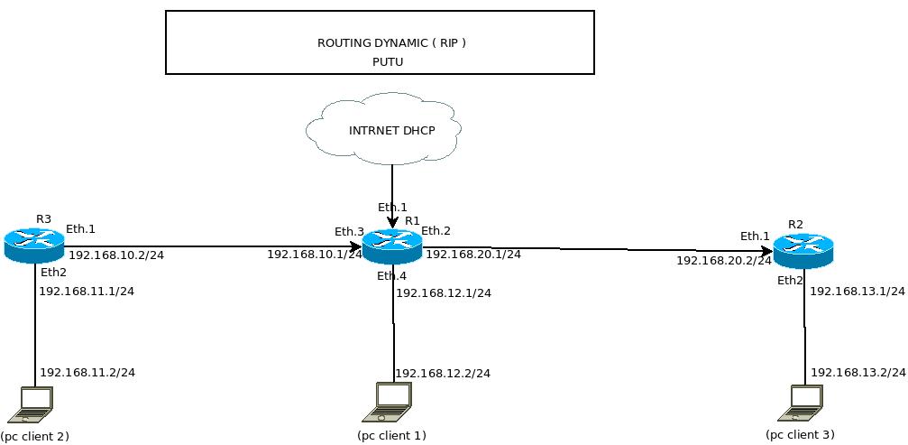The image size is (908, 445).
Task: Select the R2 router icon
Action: pos(803,250)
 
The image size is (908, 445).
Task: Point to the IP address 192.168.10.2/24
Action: pos(116,255)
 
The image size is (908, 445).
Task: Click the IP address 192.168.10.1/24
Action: pos(314,255)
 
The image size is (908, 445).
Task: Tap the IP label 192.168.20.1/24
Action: pos(473,255)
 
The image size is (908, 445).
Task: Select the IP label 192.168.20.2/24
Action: pos(724,260)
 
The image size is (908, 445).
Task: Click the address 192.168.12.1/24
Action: pos(444,292)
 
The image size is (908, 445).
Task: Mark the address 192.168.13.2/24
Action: pos(858,373)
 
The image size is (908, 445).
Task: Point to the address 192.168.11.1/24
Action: pos(87,291)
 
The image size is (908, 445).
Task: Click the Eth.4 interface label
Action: pos(392,275)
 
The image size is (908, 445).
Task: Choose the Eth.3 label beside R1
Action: pos(349,231)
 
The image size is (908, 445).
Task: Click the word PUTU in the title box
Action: pos(387,62)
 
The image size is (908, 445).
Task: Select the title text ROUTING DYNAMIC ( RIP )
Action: pos(391,42)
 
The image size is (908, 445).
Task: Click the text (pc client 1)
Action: pos(391,436)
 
